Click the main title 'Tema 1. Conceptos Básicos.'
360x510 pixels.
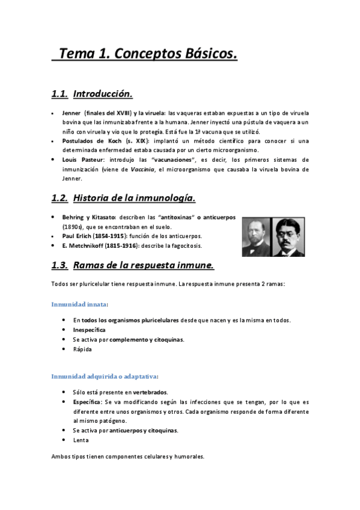(x=147, y=54)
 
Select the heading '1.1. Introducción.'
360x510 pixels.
(x=91, y=94)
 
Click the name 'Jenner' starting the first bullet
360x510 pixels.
(x=71, y=113)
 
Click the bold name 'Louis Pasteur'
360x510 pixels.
(x=83, y=160)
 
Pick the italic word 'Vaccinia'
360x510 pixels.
(x=144, y=170)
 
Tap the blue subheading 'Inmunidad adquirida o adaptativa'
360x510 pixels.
(x=105, y=376)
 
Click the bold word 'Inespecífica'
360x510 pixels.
(x=90, y=330)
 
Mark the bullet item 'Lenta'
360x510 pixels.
(x=81, y=440)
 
